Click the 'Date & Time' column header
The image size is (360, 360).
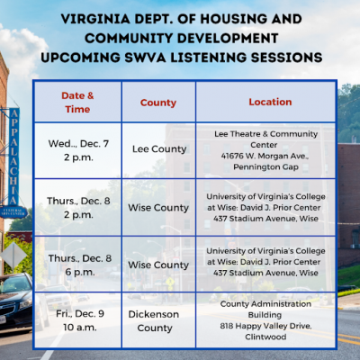pos(77,103)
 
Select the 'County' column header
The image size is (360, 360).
pos(158,103)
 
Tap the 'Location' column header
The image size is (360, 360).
pos(270,102)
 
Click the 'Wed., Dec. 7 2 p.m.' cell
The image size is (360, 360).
pos(78,150)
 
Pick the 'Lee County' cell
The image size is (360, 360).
pos(159,149)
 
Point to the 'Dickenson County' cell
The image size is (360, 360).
pos(154,321)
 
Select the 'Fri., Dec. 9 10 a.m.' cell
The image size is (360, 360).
pos(80,320)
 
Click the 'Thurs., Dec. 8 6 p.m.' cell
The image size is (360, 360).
pos(80,265)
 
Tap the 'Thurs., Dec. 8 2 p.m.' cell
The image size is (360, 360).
pos(78,208)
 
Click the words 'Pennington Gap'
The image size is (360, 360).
pos(265,166)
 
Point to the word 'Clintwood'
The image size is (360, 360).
pos(265,337)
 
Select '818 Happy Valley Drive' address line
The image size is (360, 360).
pos(265,326)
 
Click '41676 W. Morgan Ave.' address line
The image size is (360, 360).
pos(265,156)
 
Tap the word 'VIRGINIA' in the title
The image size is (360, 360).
pos(95,19)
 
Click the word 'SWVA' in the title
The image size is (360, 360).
pos(145,58)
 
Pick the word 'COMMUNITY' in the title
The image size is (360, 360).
pos(129,38)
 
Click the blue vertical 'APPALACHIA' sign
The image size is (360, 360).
pos(13,157)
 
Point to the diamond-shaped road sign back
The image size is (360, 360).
pos(13,256)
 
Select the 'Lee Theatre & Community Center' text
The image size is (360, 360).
pos(265,139)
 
